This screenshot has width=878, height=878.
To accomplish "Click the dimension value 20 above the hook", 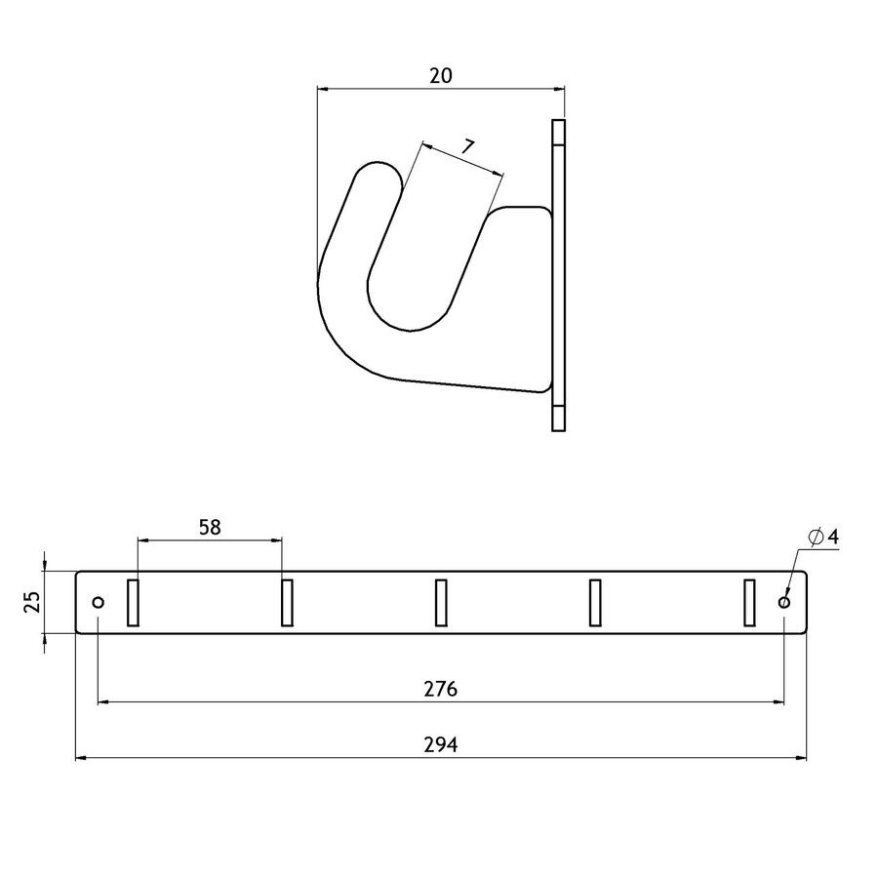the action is tap(441, 75).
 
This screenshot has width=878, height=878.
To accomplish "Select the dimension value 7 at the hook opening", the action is tap(468, 147).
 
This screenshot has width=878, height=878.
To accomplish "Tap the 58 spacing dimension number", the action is tap(210, 528).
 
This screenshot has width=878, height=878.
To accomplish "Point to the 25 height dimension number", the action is tap(33, 602).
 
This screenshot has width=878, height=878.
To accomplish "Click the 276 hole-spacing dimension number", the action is tap(441, 689).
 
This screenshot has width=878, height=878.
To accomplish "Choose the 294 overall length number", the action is tap(441, 744).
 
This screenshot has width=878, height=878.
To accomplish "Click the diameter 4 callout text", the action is tap(823, 537).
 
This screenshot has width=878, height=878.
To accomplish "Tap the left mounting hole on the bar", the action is tap(99, 602).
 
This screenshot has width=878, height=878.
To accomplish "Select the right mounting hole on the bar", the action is tap(784, 602).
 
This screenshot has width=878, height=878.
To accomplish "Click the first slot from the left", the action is tap(133, 603).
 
